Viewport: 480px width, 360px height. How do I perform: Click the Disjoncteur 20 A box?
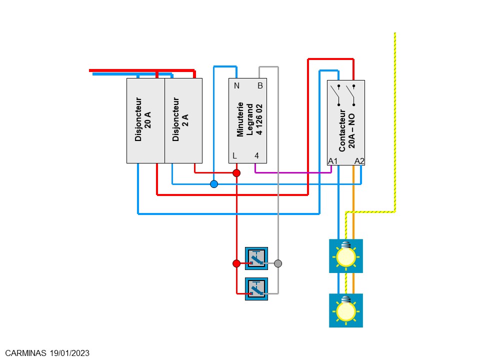click(145, 120)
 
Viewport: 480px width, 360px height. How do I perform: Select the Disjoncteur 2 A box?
click(183, 120)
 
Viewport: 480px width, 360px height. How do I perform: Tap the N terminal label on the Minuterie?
click(236, 85)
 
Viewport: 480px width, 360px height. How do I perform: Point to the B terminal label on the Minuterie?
click(260, 85)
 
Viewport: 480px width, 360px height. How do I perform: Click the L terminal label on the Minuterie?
click(234, 155)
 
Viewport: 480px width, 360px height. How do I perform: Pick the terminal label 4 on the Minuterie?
click(256, 155)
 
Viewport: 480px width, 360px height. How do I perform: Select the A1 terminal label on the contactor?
click(333, 160)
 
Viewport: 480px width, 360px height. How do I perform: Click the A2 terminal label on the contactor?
click(359, 160)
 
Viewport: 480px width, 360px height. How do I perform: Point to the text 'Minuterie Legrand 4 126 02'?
click(248, 120)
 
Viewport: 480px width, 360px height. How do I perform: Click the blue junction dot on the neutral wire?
click(214, 184)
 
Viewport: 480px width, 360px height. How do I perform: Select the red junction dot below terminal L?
click(236, 173)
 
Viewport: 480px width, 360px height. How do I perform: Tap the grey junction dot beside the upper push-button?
click(278, 263)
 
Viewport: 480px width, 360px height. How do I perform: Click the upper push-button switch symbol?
click(256, 258)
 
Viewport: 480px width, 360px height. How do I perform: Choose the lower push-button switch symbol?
click(256, 289)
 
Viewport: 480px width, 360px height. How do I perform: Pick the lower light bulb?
click(345, 310)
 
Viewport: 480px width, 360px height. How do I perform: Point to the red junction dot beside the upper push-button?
click(236, 263)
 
